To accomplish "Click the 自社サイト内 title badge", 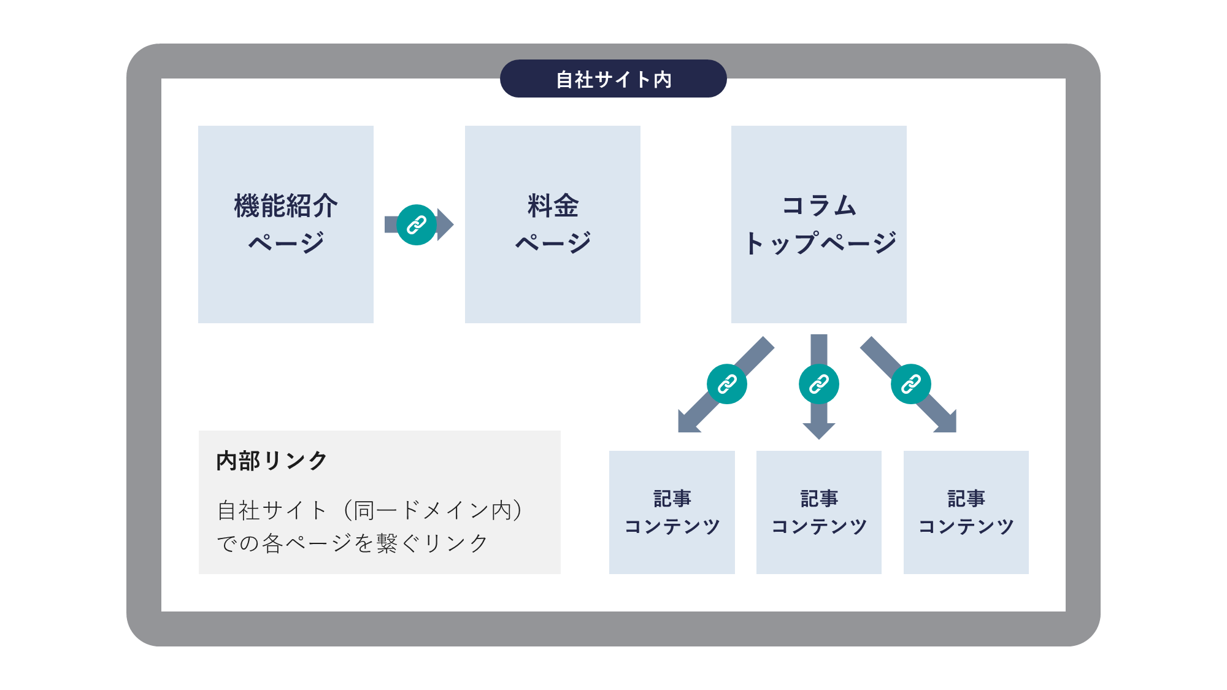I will coord(613,79).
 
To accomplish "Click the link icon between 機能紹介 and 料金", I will coord(417,225).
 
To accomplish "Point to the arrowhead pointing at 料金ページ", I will coord(446,225).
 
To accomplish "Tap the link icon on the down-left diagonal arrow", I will coord(726,384).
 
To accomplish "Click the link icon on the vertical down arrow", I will coord(818,384).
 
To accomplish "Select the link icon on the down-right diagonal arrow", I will coord(910,384).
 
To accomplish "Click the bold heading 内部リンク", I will coord(272,461).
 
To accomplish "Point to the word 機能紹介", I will coord(285,205).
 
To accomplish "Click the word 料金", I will coord(552,205).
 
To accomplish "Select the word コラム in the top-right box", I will coord(818,205).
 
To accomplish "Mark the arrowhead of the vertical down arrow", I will coord(818,431).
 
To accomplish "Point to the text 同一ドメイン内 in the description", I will coord(433,510).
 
